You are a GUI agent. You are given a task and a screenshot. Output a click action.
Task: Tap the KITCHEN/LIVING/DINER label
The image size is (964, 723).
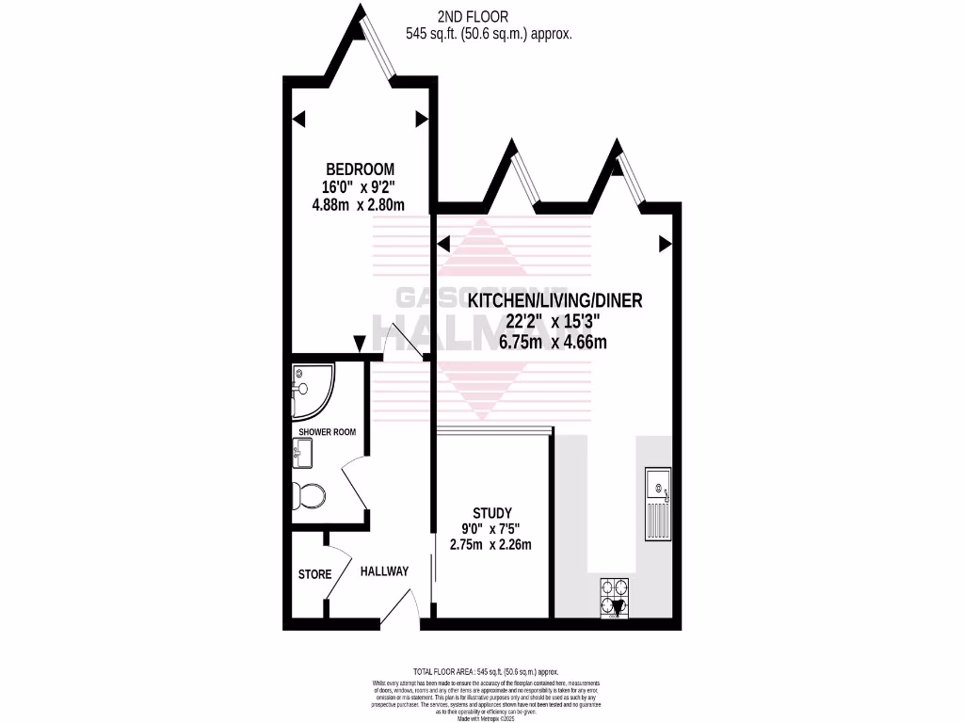pos(554,301)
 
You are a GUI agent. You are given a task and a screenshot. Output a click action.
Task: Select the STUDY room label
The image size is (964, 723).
pos(493,512)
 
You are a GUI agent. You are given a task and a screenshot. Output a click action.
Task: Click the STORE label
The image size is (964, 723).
pos(314,574)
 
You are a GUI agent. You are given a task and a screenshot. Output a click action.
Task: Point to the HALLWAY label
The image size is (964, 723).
pos(384,570)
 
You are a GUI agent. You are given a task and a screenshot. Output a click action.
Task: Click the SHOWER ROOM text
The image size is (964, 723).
pos(327,432)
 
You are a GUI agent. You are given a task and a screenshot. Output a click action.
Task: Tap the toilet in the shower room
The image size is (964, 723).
pos(309,494)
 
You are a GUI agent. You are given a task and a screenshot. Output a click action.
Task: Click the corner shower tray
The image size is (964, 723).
pos(310,391)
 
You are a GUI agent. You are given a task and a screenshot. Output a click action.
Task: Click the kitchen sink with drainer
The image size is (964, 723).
pos(656,505)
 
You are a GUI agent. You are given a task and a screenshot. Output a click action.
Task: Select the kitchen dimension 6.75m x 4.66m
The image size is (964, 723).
pos(554,342)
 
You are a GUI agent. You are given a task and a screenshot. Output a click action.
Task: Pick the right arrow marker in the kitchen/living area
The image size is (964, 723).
pos(665,245)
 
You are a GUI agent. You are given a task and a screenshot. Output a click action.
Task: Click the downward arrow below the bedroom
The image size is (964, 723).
pos(360,345)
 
